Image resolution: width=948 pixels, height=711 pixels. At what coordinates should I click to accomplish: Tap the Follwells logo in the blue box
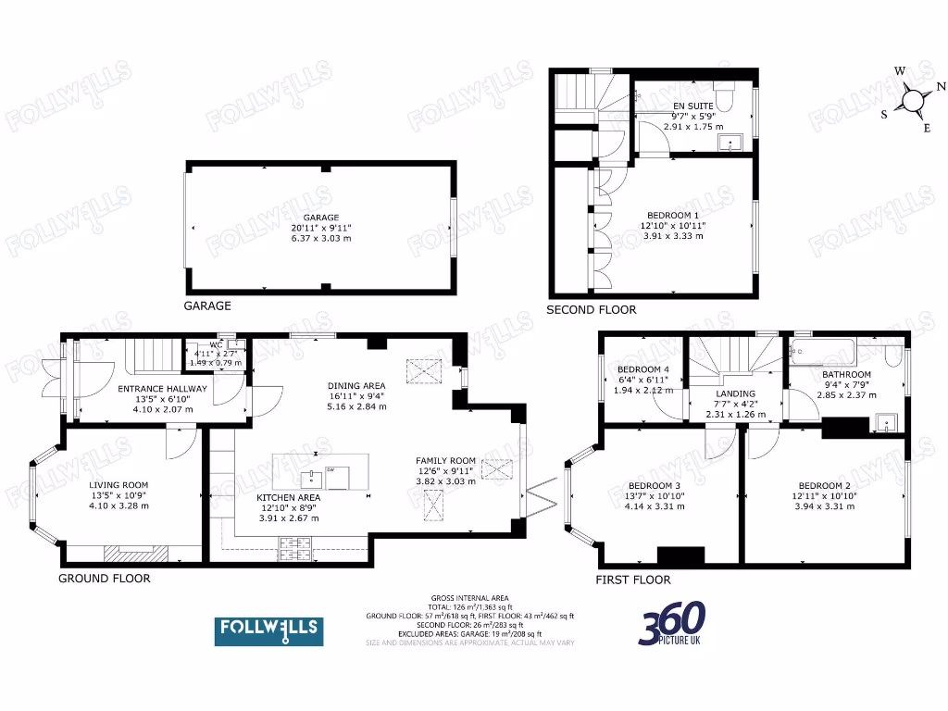[268, 630]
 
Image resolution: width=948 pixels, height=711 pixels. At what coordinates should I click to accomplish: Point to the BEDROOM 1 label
[673, 215]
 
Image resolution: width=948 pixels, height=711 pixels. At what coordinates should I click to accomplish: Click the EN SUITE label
[692, 106]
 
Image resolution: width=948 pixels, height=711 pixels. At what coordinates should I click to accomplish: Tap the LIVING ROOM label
[118, 484]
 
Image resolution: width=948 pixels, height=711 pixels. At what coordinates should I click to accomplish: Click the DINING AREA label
[356, 386]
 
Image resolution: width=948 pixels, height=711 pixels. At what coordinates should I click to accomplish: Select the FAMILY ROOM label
[445, 460]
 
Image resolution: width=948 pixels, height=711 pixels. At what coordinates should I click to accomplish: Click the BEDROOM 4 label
[642, 370]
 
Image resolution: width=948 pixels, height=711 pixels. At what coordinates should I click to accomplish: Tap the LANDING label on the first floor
[736, 393]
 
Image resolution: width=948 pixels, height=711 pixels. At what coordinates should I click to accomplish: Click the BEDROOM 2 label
[823, 485]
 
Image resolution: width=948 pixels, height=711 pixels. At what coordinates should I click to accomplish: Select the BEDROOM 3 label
[655, 485]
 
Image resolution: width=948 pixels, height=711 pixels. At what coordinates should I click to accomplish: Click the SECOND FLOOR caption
[592, 309]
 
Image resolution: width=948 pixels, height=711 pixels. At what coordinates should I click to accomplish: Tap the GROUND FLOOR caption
[105, 578]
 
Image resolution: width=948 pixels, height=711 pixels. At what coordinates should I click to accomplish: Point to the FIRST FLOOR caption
[633, 580]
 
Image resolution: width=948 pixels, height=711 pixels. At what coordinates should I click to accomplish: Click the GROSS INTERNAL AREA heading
[469, 598]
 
